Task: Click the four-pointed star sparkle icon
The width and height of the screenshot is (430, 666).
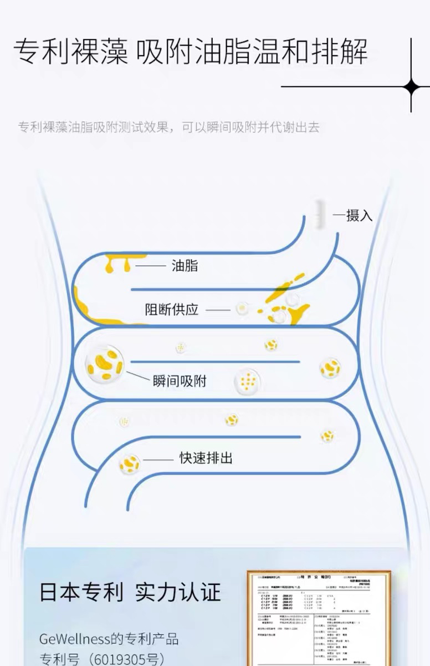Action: point(411,87)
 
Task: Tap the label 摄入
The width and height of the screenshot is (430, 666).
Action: point(359,215)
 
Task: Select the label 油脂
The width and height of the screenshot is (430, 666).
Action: point(185,266)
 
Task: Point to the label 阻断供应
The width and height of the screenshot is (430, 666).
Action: point(172,310)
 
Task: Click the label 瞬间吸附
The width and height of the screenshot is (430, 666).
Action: point(180,381)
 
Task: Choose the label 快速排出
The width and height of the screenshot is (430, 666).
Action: point(206,458)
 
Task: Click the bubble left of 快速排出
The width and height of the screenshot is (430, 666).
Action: point(129,463)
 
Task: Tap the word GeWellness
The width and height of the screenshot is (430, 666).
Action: point(74,639)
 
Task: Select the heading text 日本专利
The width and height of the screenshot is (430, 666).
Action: point(81,592)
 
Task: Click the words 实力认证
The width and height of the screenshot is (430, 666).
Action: point(178,592)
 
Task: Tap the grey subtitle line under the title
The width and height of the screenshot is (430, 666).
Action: point(169,127)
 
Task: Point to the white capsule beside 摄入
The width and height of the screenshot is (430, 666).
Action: point(318,213)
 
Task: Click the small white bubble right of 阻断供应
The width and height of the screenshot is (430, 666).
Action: point(242,308)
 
